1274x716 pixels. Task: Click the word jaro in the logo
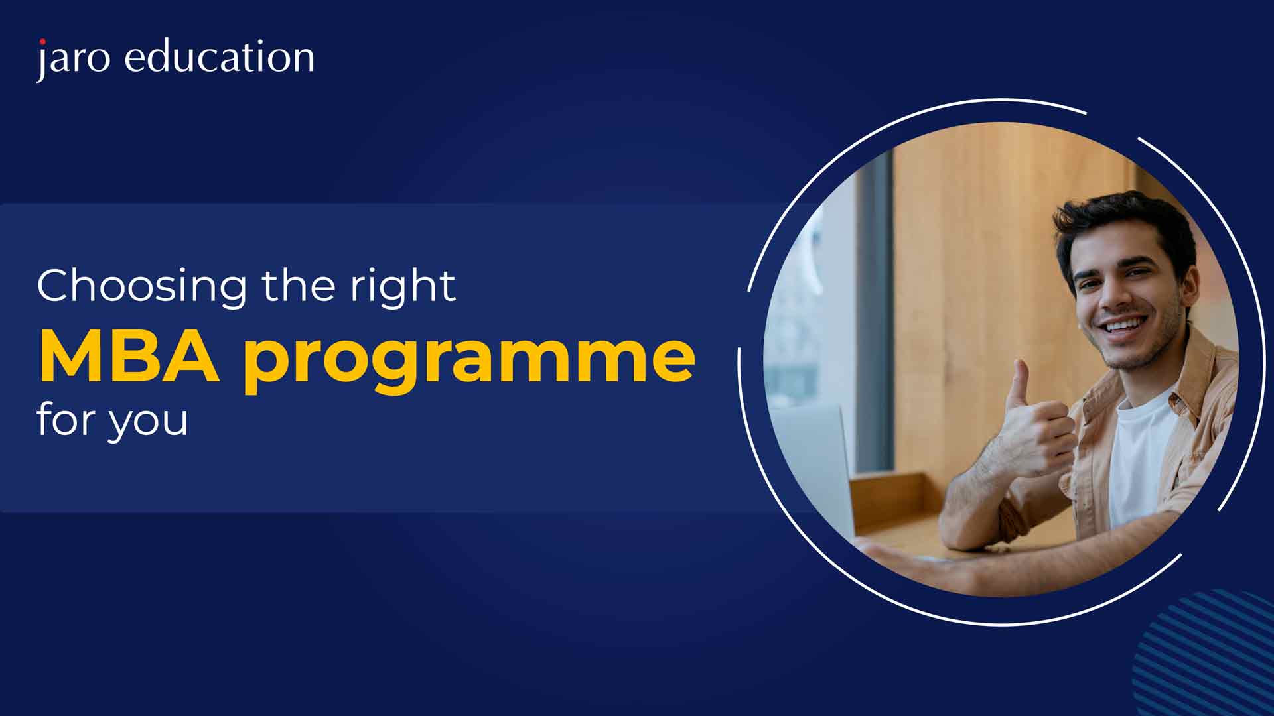click(x=73, y=58)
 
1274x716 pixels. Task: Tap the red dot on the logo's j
click(x=42, y=42)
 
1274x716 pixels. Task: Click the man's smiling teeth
click(x=1124, y=327)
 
